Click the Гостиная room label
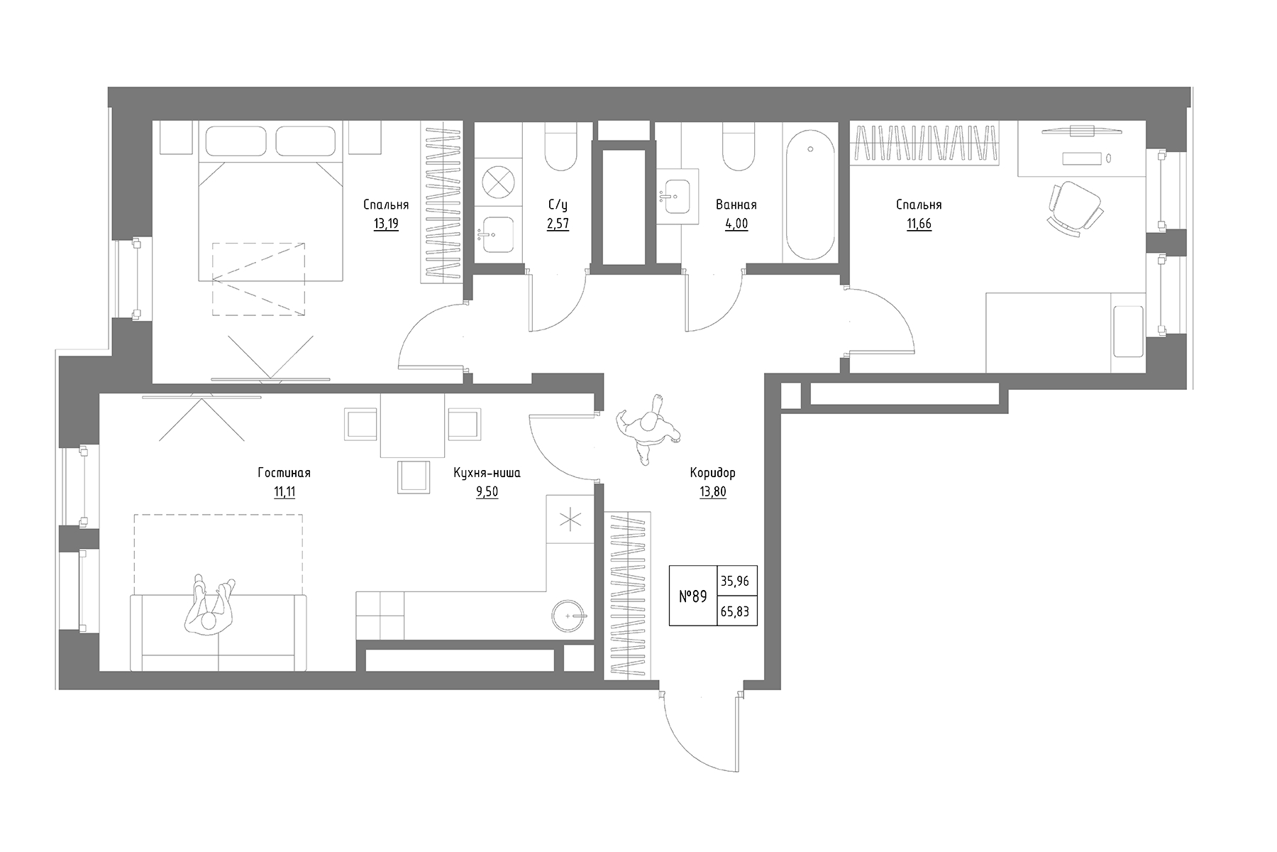tap(284, 473)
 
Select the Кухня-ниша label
tap(487, 473)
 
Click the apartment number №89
tap(692, 597)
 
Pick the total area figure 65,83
tap(735, 611)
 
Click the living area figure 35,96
tap(735, 581)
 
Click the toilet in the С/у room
tap(560, 149)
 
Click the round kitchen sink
tap(569, 616)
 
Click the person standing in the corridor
tap(647, 429)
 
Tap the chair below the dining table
tap(414, 476)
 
